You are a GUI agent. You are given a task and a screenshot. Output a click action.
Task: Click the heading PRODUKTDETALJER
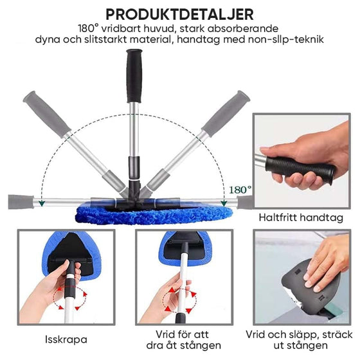179,14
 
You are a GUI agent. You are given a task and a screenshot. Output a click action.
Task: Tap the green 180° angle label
240,190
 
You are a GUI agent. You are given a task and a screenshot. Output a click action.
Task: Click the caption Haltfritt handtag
301,217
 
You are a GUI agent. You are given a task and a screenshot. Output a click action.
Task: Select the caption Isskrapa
66,339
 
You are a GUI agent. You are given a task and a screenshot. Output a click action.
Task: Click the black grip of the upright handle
134,76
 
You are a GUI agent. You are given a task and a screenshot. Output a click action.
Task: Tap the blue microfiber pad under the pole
154,215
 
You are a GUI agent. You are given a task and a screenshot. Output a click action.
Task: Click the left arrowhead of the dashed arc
42,203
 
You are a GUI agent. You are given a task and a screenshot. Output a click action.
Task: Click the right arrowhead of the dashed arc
224,203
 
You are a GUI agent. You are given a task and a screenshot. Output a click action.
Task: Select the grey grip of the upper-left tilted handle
46,114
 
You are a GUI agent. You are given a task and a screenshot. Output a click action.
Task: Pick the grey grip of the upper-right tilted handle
226,114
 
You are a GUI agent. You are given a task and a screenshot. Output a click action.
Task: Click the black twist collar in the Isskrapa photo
69,288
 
